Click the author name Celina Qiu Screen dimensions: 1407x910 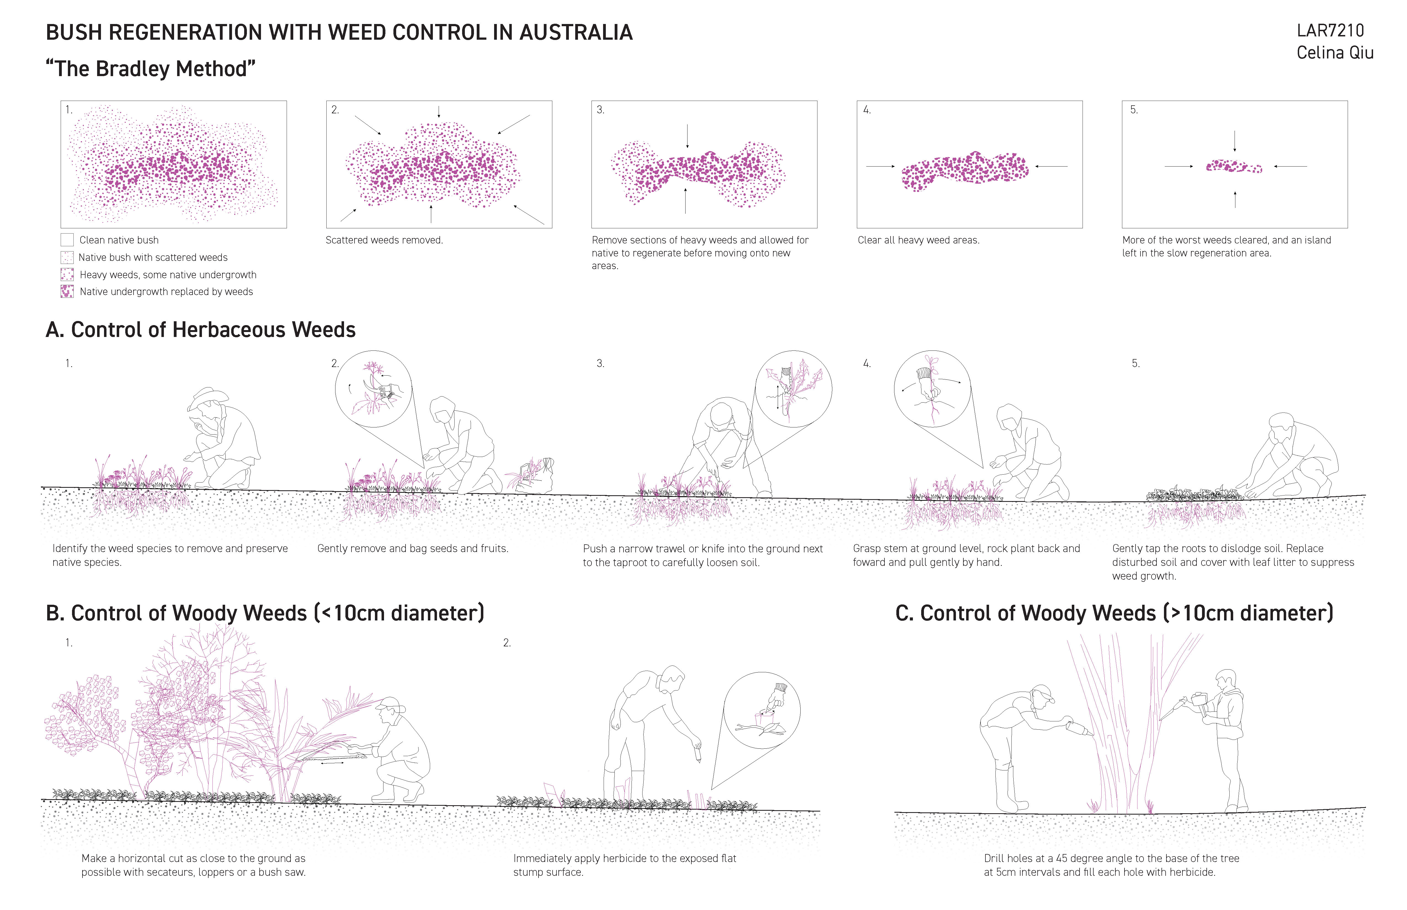1335,53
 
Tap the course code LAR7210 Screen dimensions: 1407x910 1330,30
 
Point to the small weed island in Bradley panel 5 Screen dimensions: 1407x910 1234,167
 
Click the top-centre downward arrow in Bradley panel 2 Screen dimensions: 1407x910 439,112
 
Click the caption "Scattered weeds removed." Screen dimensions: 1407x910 384,240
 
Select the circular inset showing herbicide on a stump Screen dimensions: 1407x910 762,710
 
